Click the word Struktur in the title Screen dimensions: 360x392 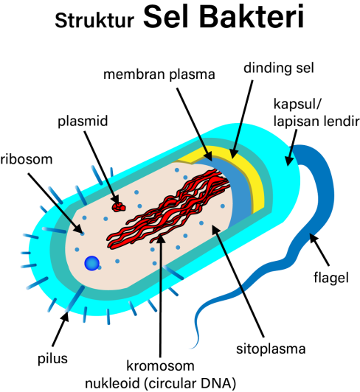pos(94,20)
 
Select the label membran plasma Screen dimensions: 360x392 pos(159,74)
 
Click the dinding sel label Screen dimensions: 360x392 pos(279,68)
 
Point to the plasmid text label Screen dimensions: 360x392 pos(83,122)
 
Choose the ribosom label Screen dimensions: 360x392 pos(27,159)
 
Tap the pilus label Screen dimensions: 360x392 pos(52,359)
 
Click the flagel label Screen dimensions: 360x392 pos(331,278)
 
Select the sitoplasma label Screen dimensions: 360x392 pos(271,349)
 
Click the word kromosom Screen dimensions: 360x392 pos(160,365)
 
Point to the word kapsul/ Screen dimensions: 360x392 pos(297,104)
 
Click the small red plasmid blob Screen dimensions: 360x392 pos(119,207)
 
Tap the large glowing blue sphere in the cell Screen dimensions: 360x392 pos(92,263)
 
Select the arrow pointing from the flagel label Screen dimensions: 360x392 pos(319,249)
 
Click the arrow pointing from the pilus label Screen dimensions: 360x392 pos(60,329)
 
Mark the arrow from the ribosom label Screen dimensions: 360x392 pos(55,203)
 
